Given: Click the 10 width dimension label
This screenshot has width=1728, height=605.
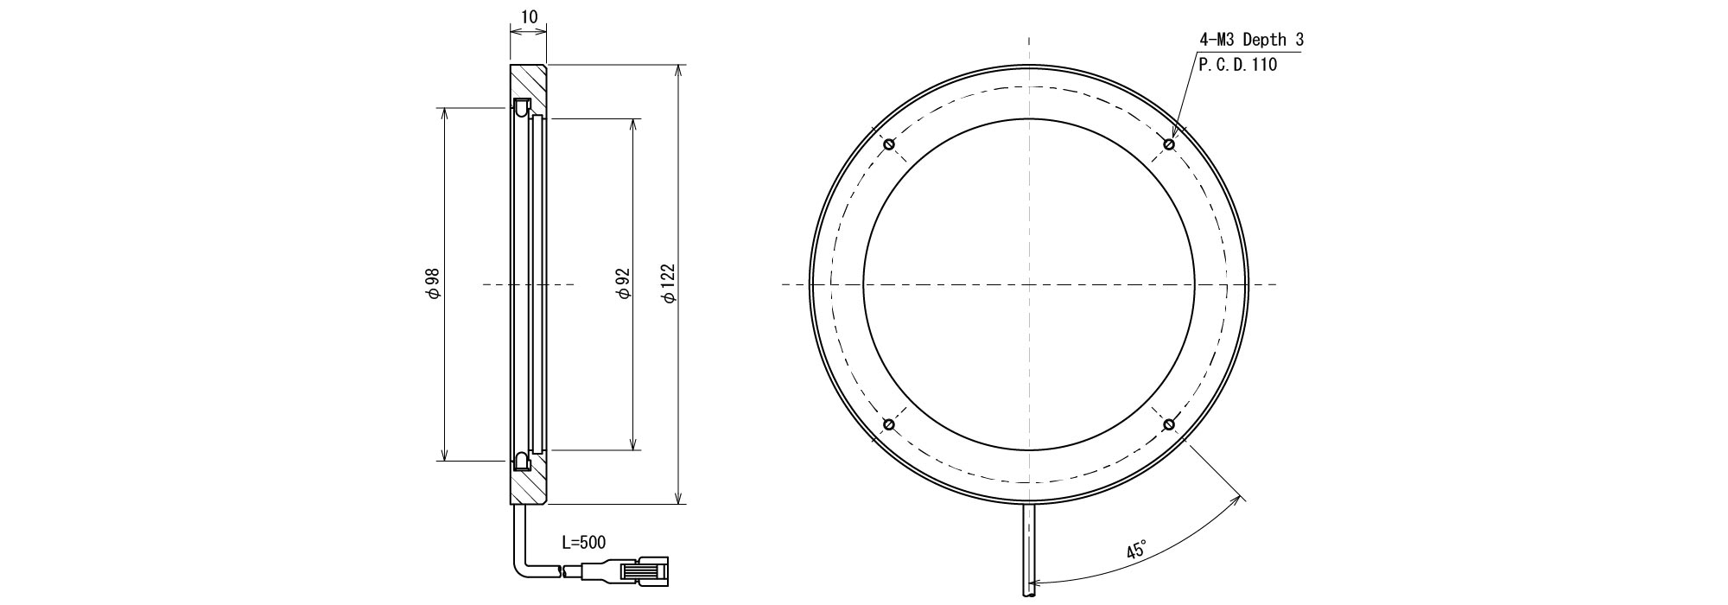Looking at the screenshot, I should (x=529, y=16).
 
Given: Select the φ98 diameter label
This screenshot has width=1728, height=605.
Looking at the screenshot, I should (x=434, y=283).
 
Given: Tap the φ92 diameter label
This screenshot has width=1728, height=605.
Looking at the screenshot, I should (x=624, y=283).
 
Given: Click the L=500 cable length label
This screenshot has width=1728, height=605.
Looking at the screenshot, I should (x=583, y=543).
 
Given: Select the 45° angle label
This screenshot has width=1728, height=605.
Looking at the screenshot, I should (x=1136, y=551).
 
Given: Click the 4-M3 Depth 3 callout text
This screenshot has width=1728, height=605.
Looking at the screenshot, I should (x=1251, y=40).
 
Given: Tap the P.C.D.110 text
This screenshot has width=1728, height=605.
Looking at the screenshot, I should (x=1237, y=65).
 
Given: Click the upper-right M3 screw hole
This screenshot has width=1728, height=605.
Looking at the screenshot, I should (x=1169, y=143).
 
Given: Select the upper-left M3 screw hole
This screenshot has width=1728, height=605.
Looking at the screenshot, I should (x=888, y=143).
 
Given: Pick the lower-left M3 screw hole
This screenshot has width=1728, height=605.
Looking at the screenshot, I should (x=888, y=424).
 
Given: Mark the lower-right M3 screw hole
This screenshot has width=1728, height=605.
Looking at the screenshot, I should (x=1169, y=424).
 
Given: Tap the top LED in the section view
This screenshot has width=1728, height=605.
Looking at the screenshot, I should (x=520, y=109).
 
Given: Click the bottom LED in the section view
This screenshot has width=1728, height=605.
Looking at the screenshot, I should (x=520, y=460).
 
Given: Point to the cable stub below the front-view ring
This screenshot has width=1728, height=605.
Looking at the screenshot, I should (x=1028, y=549).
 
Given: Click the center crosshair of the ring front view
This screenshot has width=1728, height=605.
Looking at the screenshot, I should (x=1028, y=284).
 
